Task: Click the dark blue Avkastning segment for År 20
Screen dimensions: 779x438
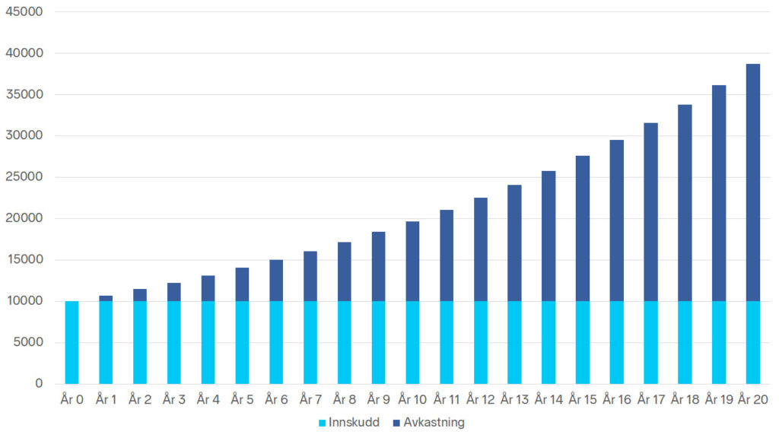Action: pos(752,182)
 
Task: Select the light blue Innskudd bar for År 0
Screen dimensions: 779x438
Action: pos(72,342)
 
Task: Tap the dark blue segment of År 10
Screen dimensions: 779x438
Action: pos(412,262)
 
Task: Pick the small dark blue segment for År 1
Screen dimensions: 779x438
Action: pos(106,298)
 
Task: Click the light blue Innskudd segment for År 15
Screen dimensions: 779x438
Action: pos(583,342)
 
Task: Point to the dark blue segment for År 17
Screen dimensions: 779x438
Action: pos(651,212)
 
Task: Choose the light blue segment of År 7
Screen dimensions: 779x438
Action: pos(310,342)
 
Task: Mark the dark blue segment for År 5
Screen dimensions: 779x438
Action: pos(242,284)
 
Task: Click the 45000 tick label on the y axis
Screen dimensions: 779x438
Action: pos(24,11)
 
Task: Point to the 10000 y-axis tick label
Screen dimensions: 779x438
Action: pos(24,300)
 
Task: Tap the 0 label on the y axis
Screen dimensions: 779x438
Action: pos(39,383)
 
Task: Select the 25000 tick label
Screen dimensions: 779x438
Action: pos(24,176)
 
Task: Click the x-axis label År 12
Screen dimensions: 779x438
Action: pos(481,398)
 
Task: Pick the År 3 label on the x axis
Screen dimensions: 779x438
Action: pos(174,398)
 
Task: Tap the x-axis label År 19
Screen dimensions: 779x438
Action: pos(719,398)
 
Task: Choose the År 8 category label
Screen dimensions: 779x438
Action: pos(345,398)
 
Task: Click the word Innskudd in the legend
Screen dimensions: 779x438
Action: pos(354,423)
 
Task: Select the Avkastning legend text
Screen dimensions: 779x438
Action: pos(434,423)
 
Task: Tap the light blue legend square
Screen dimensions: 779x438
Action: pos(322,423)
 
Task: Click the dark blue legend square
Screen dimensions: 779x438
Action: pos(396,423)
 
